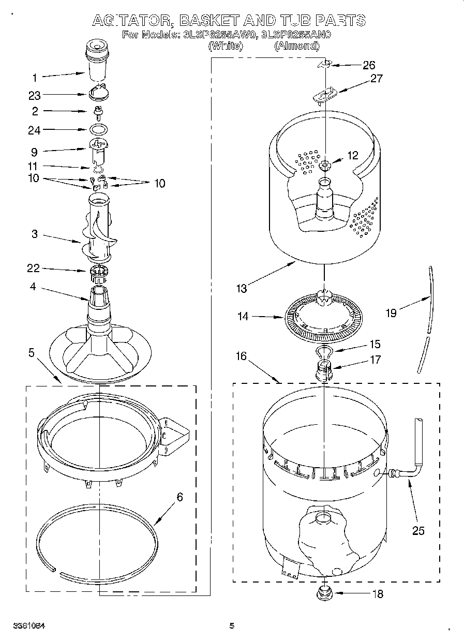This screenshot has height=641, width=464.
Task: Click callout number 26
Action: tap(369, 65)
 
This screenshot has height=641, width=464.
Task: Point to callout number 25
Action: tap(418, 531)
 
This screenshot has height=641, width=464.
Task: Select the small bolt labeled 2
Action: tap(98, 110)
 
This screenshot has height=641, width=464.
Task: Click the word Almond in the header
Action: tap(296, 46)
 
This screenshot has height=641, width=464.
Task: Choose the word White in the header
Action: tap(225, 46)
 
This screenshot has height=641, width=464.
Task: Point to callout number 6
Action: tap(179, 497)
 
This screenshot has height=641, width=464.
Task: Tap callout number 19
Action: tap(391, 313)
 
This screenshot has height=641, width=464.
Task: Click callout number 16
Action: tap(241, 356)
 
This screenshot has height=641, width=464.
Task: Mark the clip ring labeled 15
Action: tap(323, 352)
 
